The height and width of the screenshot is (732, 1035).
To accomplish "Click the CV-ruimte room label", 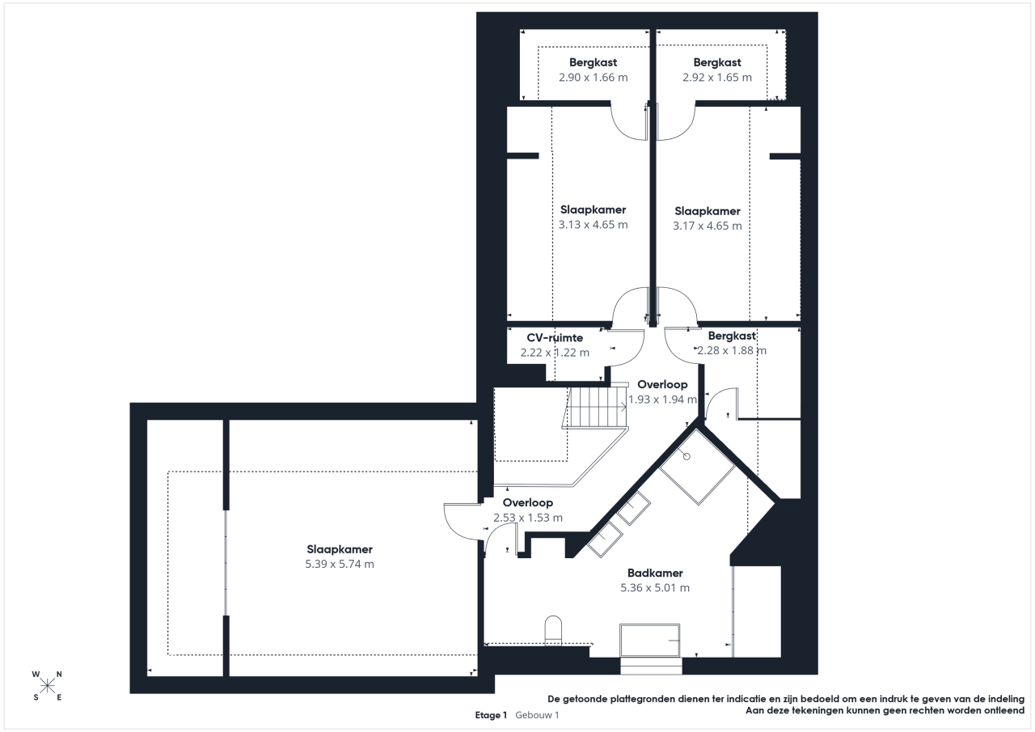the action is coord(555,338).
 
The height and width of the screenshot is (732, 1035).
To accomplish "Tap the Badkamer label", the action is coord(655,573).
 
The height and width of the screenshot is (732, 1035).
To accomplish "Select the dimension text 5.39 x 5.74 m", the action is coord(340,564).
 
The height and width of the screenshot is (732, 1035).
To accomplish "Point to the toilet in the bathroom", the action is coord(553,630).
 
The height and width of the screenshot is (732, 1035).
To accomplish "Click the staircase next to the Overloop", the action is coord(596,408).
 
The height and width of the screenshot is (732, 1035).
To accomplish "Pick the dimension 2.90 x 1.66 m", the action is coord(594,77).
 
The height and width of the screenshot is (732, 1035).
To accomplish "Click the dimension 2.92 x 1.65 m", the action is coord(717,77).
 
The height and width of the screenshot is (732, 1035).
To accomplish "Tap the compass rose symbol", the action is coord(47,686).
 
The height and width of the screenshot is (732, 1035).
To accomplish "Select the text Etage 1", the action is coord(491,715).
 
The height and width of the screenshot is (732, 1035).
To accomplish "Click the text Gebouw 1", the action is coord(537,715).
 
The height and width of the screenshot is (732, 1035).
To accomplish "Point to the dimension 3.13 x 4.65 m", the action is coord(594,225).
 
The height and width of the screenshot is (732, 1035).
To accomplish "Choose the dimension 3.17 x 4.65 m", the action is coord(708,226).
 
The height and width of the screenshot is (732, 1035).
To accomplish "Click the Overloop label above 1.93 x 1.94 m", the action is coord(662,384).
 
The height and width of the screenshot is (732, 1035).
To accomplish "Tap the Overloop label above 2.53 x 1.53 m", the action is coord(528,503).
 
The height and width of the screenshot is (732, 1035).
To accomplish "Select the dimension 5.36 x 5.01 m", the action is coord(655,588).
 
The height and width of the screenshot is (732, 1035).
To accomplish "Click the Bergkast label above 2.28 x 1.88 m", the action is coord(732,336).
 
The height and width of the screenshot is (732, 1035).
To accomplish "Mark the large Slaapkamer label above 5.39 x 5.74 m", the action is coord(340,549).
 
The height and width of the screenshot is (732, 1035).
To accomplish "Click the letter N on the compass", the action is coord(59,675).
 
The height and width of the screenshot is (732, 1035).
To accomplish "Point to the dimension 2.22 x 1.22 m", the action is coord(555,353).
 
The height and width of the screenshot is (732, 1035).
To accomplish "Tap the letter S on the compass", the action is coord(36,698).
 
